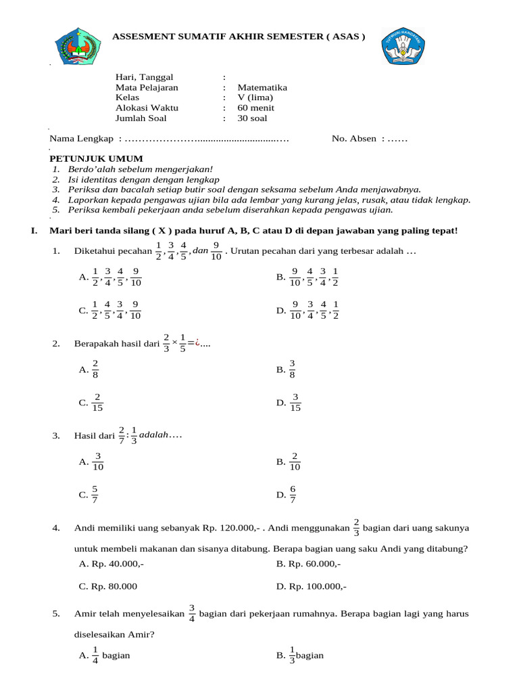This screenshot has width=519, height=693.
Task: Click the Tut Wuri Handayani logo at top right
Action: [405, 46]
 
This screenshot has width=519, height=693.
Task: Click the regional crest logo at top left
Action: [80, 47]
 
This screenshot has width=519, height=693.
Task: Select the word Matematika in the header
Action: [262, 87]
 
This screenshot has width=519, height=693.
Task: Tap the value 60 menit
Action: [255, 108]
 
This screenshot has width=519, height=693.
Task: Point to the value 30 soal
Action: [252, 118]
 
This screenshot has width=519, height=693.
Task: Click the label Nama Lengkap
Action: [81, 139]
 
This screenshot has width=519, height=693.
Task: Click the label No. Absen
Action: [354, 139]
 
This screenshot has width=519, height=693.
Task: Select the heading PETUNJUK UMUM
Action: [86, 158]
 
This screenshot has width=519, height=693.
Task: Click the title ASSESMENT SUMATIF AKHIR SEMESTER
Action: [238, 36]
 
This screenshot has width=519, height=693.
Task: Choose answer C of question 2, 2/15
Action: [92, 403]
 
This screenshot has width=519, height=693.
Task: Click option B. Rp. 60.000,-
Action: [308, 563]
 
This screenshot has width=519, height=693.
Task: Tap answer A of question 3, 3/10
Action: [92, 462]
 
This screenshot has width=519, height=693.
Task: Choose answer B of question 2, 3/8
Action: [287, 370]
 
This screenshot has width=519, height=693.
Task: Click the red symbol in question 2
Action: [197, 344]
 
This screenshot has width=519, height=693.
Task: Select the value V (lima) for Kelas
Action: [255, 97]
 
